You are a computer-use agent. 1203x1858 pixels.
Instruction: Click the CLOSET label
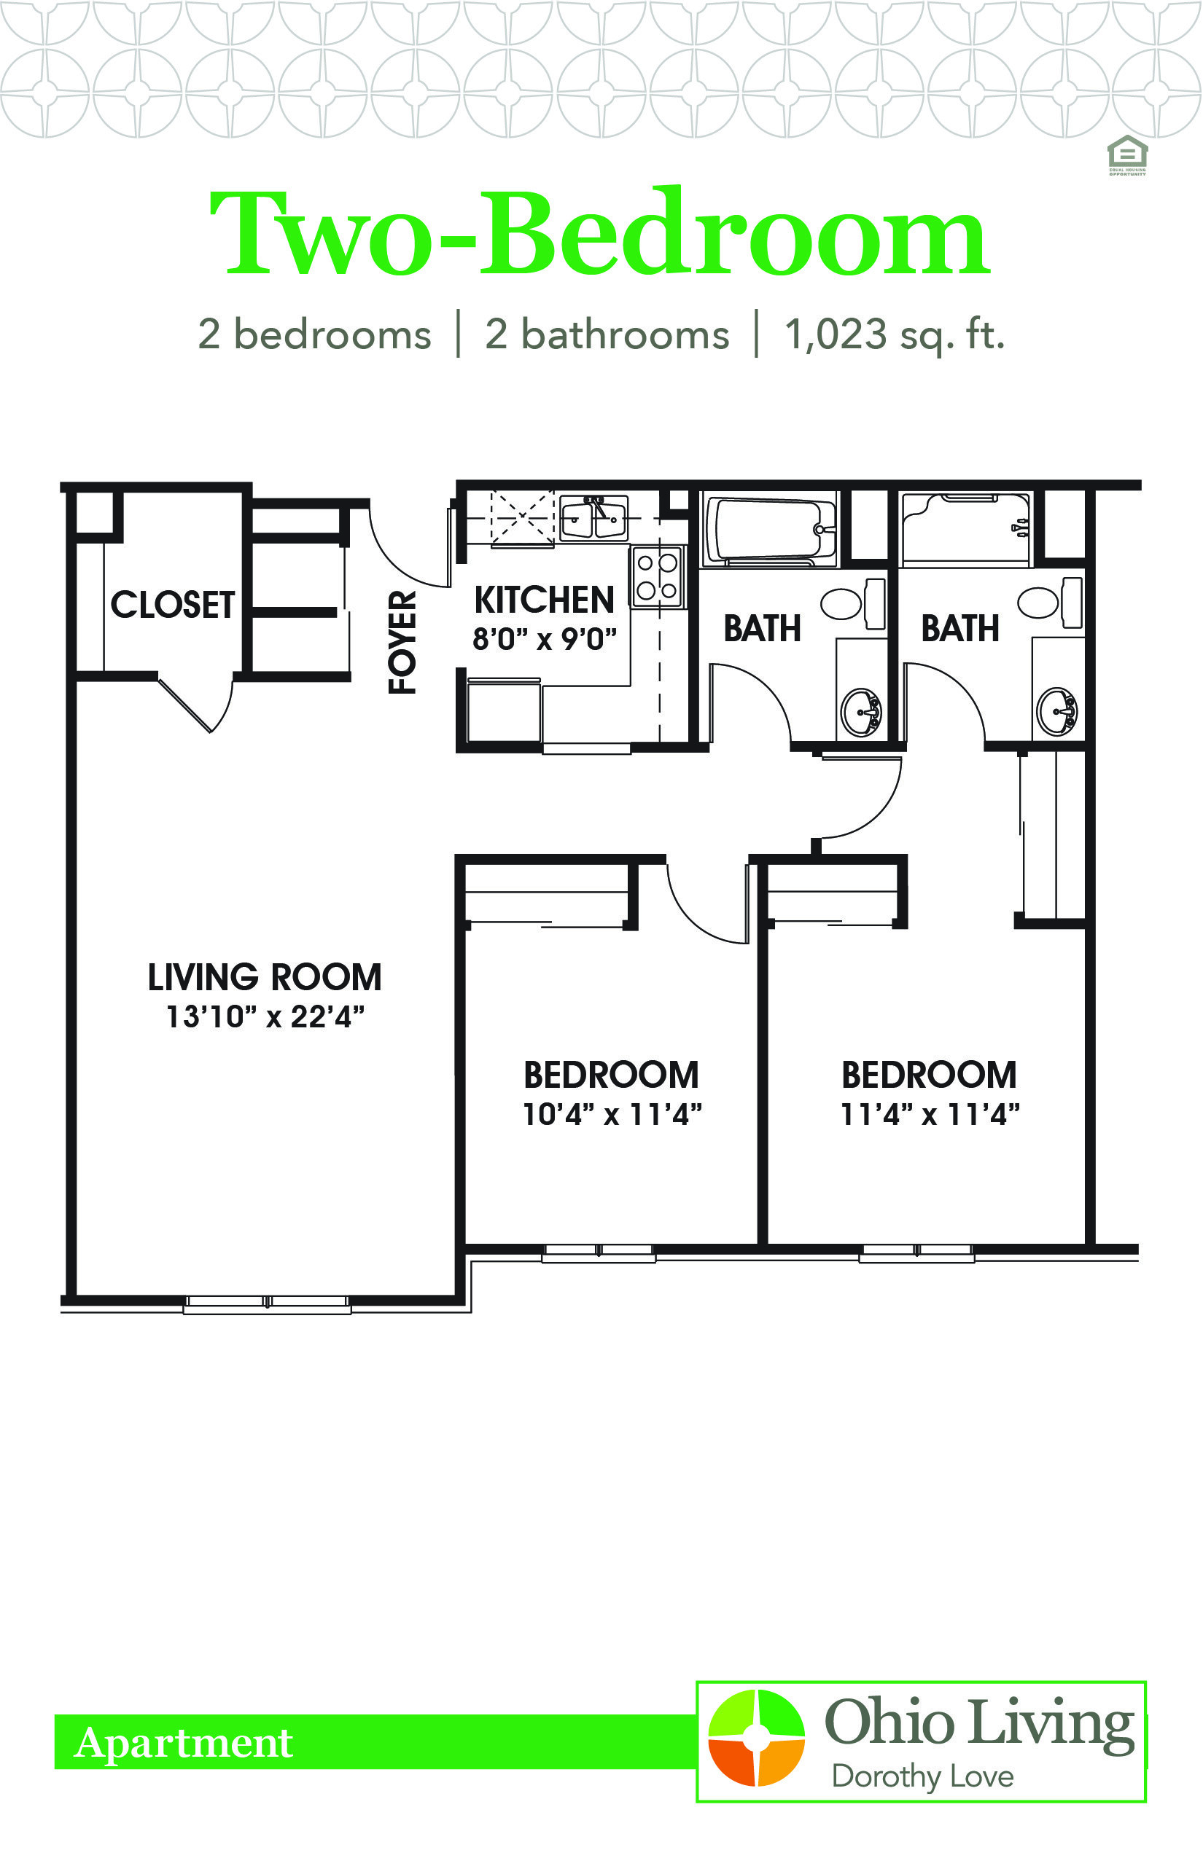(173, 604)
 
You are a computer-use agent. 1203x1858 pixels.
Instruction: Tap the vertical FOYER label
(403, 642)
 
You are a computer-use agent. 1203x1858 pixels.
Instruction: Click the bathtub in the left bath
(769, 528)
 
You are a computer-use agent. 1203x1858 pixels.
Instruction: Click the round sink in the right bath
(1057, 710)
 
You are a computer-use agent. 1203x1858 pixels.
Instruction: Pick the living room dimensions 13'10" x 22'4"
(265, 1016)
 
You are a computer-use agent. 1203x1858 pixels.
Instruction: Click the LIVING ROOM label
(265, 976)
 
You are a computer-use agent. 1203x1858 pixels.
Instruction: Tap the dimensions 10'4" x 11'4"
(612, 1114)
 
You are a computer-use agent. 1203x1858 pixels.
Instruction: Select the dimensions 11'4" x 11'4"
(930, 1114)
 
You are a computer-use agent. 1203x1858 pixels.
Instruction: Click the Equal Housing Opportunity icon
(1127, 155)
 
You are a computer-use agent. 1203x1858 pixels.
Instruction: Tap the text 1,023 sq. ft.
(895, 335)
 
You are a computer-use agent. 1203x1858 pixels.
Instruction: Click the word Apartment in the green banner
(184, 1743)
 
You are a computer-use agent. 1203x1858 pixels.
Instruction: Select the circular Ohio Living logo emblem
(756, 1738)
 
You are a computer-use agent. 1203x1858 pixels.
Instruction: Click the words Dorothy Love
(922, 1778)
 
